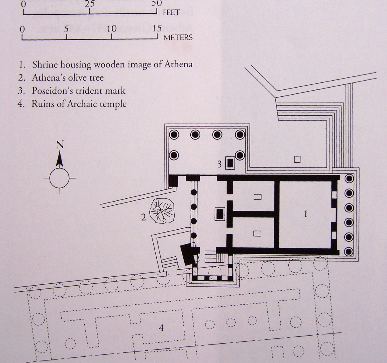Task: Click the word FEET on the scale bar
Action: (x=171, y=13)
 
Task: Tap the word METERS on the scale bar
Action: (x=178, y=38)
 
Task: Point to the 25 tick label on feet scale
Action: (x=89, y=4)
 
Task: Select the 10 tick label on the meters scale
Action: (x=111, y=29)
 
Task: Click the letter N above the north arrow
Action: (x=60, y=145)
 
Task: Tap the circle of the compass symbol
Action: (x=60, y=178)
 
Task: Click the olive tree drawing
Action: (x=163, y=211)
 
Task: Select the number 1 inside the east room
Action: (x=306, y=214)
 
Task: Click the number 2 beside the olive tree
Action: (x=144, y=217)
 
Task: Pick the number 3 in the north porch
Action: (x=219, y=164)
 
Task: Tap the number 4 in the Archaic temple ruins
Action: (x=161, y=327)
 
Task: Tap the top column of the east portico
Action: (x=349, y=179)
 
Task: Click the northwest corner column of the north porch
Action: (x=174, y=135)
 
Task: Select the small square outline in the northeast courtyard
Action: (x=297, y=160)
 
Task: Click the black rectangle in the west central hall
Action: (x=220, y=213)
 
